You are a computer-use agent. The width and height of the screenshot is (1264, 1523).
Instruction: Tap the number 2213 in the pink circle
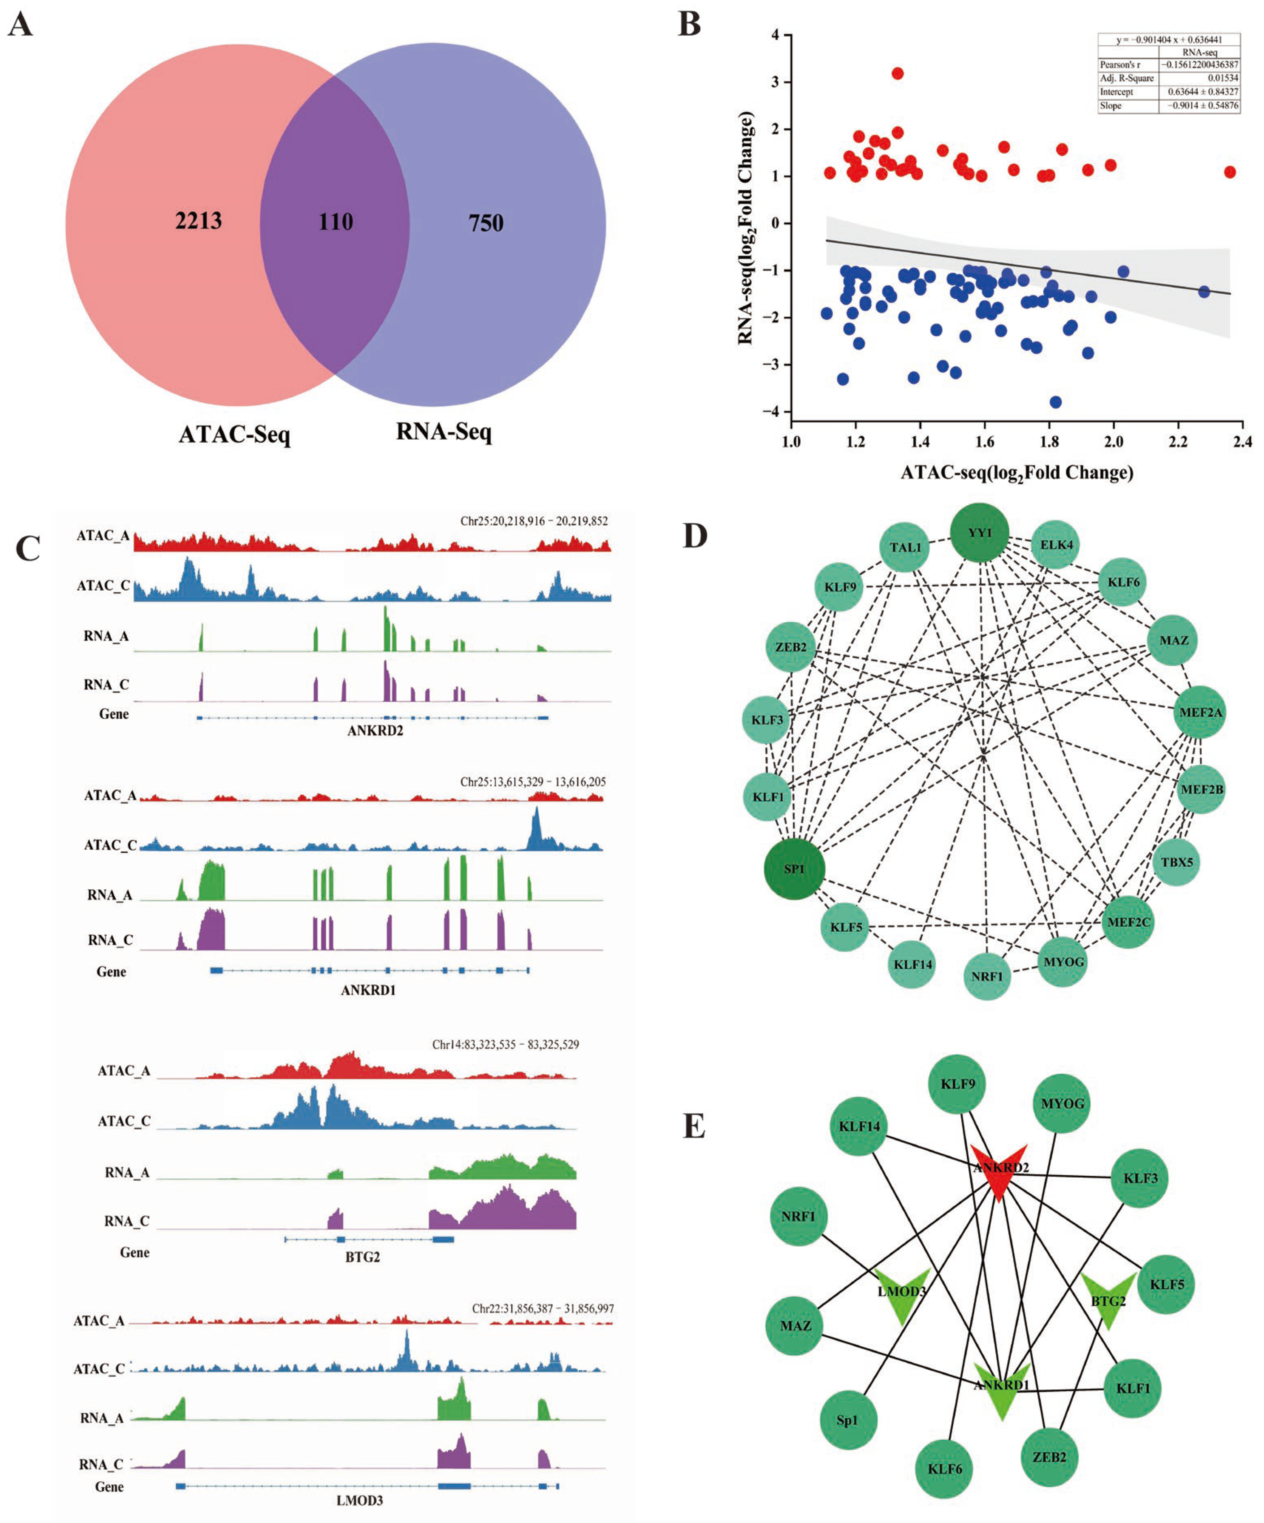pos(198,221)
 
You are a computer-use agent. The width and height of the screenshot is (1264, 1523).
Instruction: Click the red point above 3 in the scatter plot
pos(897,73)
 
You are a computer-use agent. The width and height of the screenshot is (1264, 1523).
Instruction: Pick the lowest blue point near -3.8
pos(1055,402)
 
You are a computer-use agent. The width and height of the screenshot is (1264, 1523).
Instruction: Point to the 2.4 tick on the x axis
pos(1242,442)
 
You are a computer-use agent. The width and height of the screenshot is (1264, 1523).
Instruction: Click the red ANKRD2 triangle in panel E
pos(999,1170)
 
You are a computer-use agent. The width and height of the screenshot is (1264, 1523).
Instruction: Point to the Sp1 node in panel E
pos(847,1420)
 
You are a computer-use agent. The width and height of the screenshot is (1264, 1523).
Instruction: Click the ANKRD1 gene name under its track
pos(368,990)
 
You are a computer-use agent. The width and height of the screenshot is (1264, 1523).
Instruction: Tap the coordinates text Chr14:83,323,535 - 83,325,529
pos(505,1044)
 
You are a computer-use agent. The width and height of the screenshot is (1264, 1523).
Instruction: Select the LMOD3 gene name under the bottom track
pos(360,1500)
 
